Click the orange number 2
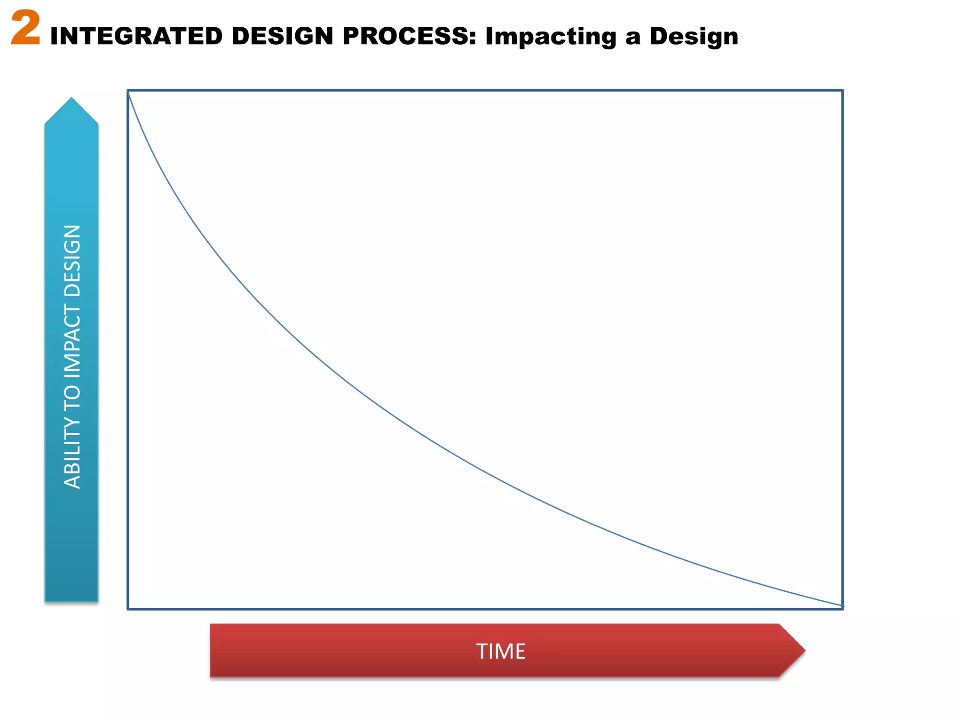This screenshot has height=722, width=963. pos(26,29)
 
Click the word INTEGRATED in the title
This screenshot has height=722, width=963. pos(136,36)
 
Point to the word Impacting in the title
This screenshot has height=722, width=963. pos(551,36)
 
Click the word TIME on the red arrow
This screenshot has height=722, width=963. pos(501,651)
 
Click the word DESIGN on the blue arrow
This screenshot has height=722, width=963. pos(72,260)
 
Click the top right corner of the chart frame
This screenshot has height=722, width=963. pos(842,90)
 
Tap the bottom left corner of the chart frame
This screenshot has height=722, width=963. pos(128,609)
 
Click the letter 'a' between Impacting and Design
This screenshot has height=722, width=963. pos(633,38)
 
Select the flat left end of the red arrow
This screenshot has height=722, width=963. pos(212,651)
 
